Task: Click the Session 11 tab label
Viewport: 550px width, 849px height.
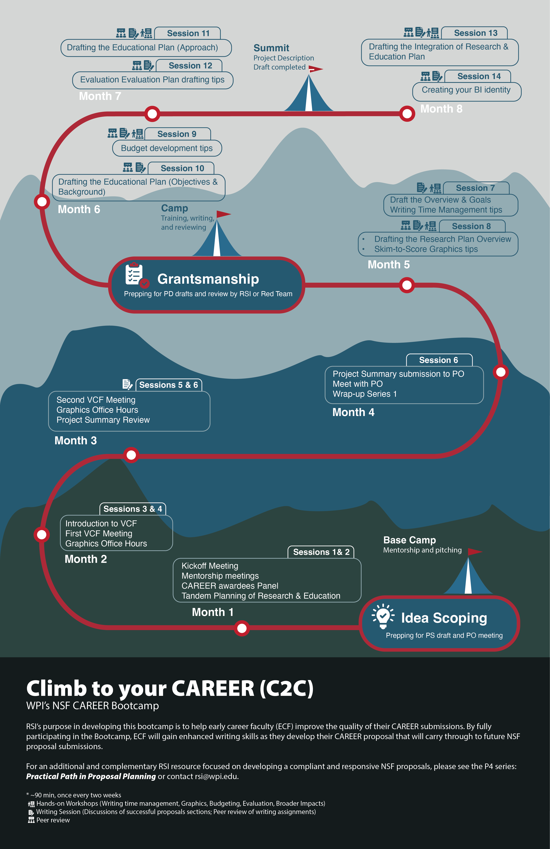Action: pos(188,33)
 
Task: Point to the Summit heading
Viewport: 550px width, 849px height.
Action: pos(271,48)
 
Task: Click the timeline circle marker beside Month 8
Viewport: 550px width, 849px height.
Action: pos(407,114)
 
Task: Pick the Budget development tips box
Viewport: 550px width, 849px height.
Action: pos(167,148)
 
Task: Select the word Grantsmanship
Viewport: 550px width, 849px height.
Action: pos(208,279)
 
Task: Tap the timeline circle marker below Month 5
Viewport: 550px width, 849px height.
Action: pos(407,285)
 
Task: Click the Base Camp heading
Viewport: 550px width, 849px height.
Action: pos(409,540)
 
